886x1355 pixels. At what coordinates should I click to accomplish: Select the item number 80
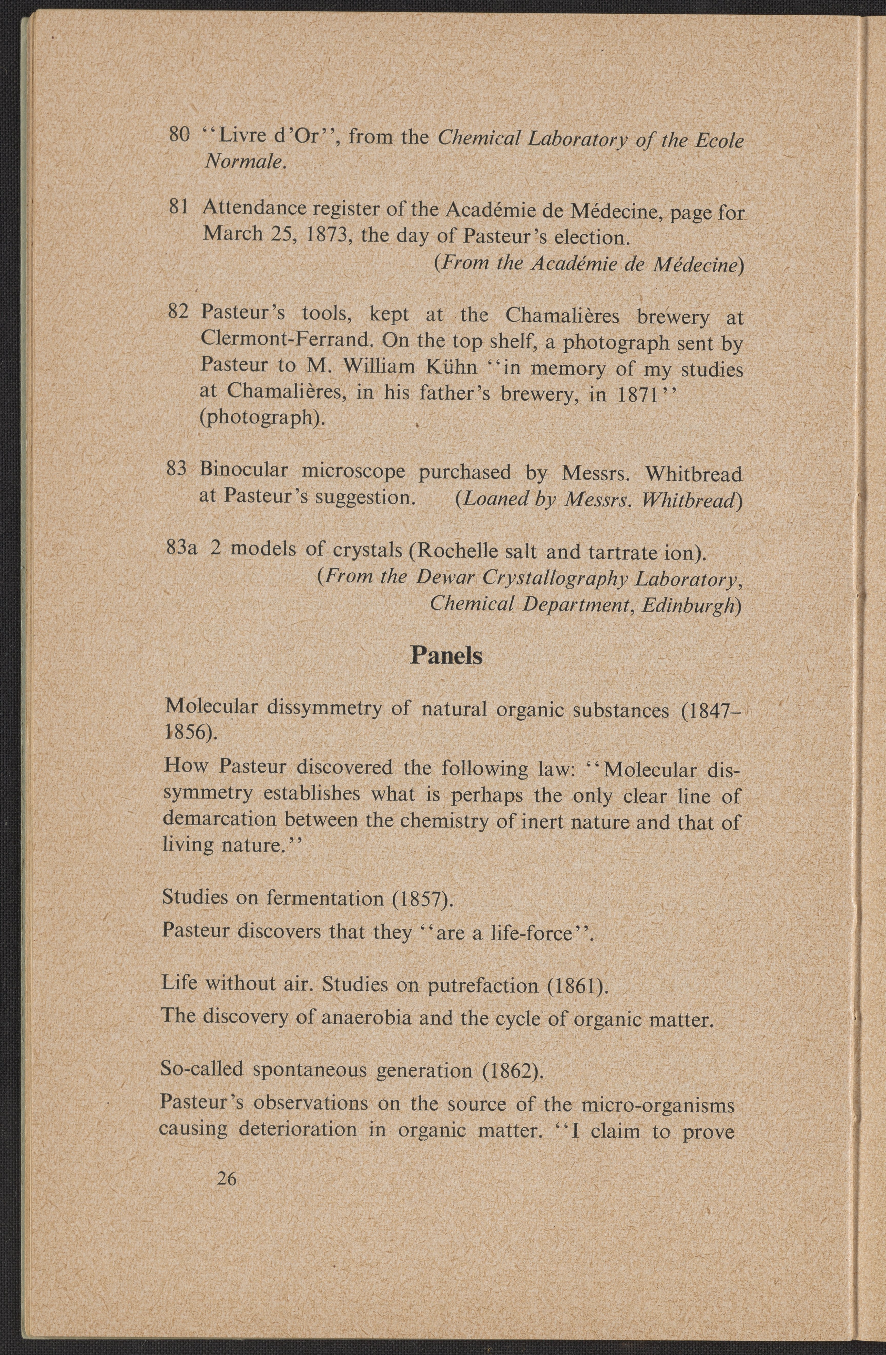(179, 135)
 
